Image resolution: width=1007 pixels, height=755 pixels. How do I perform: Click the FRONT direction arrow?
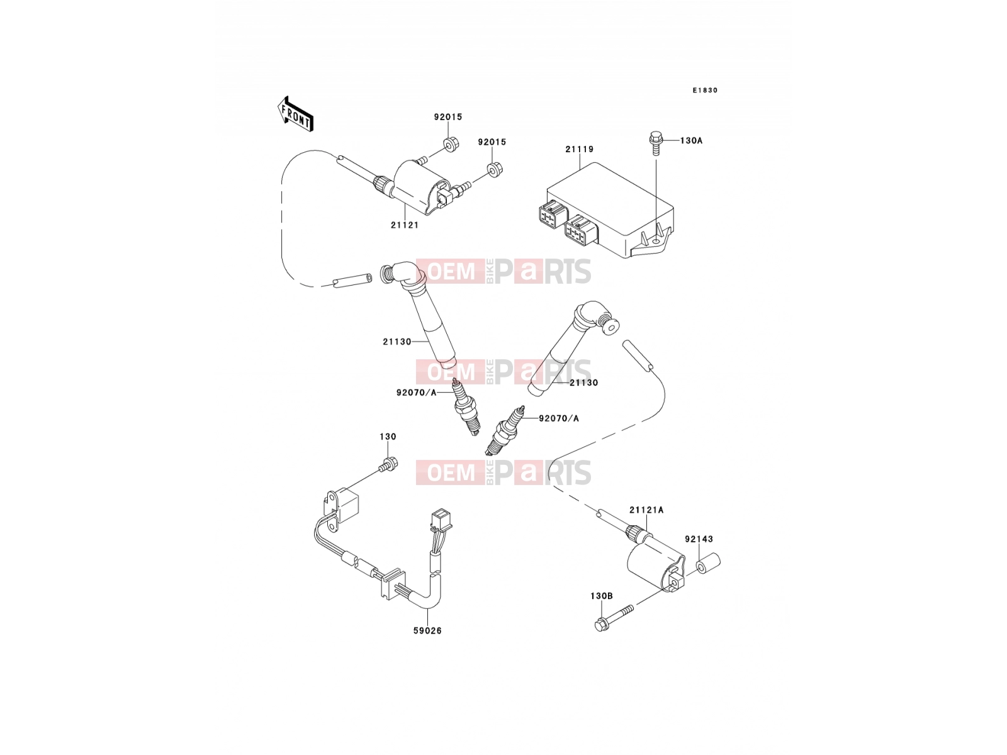[295, 114]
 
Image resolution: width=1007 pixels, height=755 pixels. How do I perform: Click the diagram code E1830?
[705, 91]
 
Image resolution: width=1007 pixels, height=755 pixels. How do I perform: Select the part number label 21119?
[580, 149]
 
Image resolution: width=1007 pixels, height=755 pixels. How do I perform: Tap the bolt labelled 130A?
[656, 143]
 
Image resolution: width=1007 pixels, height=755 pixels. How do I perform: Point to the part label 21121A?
[646, 510]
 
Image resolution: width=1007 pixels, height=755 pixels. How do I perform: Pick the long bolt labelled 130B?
[613, 618]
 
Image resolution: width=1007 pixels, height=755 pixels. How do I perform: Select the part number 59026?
[427, 631]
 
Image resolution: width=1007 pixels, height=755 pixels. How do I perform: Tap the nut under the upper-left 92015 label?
[451, 144]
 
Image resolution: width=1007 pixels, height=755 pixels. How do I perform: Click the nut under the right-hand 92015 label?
[495, 170]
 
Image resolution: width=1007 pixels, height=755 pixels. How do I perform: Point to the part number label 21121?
[405, 225]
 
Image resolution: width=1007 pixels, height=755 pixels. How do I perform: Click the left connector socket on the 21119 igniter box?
[553, 214]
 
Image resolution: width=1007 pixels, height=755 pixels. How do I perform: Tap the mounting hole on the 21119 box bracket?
[656, 241]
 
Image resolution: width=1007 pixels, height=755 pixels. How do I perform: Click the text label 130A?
[691, 141]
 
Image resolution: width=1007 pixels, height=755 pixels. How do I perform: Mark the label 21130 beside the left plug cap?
[397, 342]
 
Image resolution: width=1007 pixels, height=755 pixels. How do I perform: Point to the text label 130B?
[601, 596]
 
